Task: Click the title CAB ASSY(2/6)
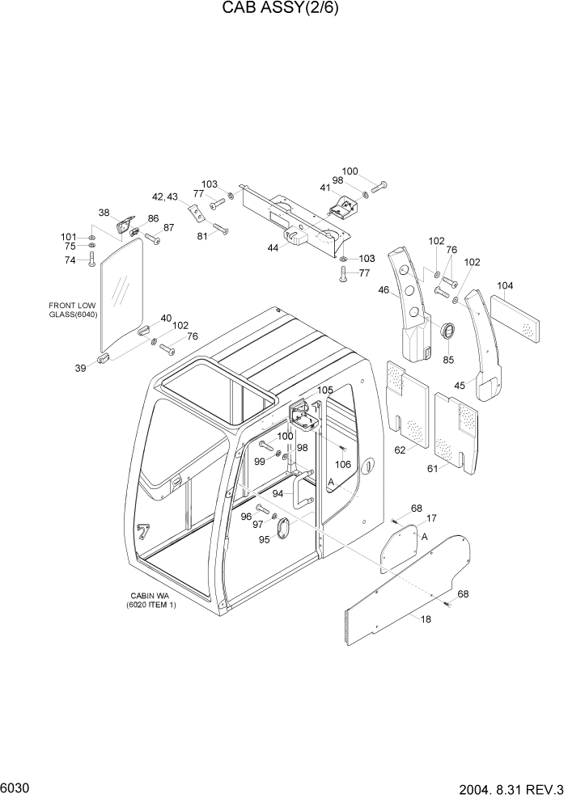click(283, 11)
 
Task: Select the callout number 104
click(506, 285)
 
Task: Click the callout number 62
click(400, 450)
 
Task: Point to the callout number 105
click(324, 390)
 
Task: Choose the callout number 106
click(343, 464)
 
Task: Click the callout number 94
click(278, 493)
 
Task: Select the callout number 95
click(264, 540)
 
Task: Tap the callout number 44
click(273, 248)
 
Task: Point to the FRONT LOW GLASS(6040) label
click(73, 310)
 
